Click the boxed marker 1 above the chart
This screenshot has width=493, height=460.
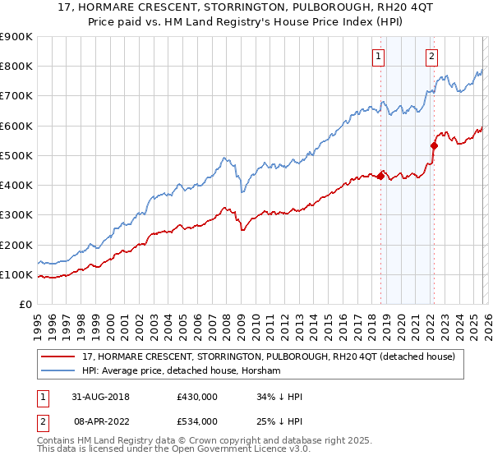tap(378, 57)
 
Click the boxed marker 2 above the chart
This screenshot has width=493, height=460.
tap(431, 57)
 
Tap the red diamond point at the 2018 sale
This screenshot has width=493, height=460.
tap(381, 177)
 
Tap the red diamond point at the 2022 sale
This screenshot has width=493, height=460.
tap(434, 146)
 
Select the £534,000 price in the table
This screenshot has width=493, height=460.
tap(197, 421)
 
